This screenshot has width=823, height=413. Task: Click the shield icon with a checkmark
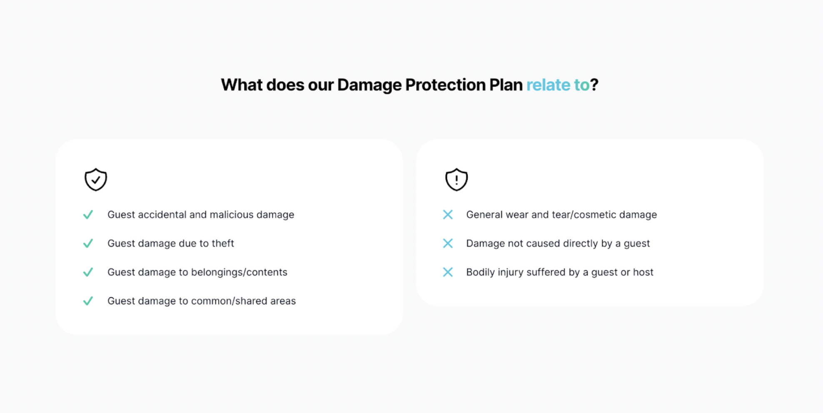click(96, 180)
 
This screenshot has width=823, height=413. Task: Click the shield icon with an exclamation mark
click(456, 180)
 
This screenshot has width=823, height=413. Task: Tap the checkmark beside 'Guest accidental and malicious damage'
click(88, 215)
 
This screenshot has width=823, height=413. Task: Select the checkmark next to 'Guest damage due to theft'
click(88, 244)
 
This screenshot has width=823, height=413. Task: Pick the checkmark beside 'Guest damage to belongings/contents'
click(88, 272)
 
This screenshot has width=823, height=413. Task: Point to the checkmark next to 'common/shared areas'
click(88, 301)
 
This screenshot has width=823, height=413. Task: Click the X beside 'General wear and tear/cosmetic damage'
click(448, 215)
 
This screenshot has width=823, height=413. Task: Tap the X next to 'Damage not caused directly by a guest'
click(448, 244)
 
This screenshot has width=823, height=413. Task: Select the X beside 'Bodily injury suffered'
click(448, 272)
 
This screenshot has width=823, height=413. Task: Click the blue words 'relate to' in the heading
click(558, 85)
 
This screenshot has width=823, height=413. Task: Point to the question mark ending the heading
click(594, 85)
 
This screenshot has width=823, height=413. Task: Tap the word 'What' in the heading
click(242, 85)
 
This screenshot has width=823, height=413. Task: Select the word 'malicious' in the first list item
click(232, 215)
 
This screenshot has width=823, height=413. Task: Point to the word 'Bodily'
click(480, 272)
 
